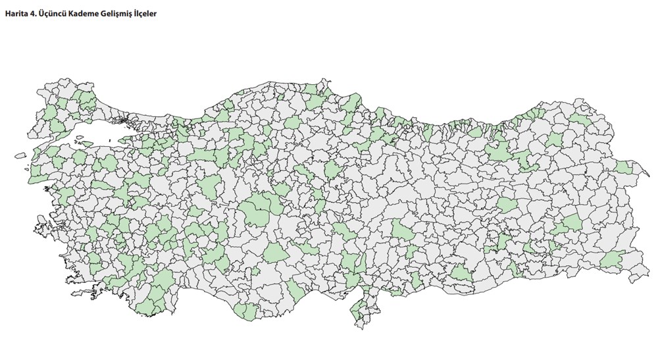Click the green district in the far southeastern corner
(613, 260)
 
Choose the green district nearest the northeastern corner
(579, 119)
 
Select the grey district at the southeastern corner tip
(635, 276)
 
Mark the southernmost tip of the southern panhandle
(358, 322)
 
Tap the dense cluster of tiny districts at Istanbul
(125, 120)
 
